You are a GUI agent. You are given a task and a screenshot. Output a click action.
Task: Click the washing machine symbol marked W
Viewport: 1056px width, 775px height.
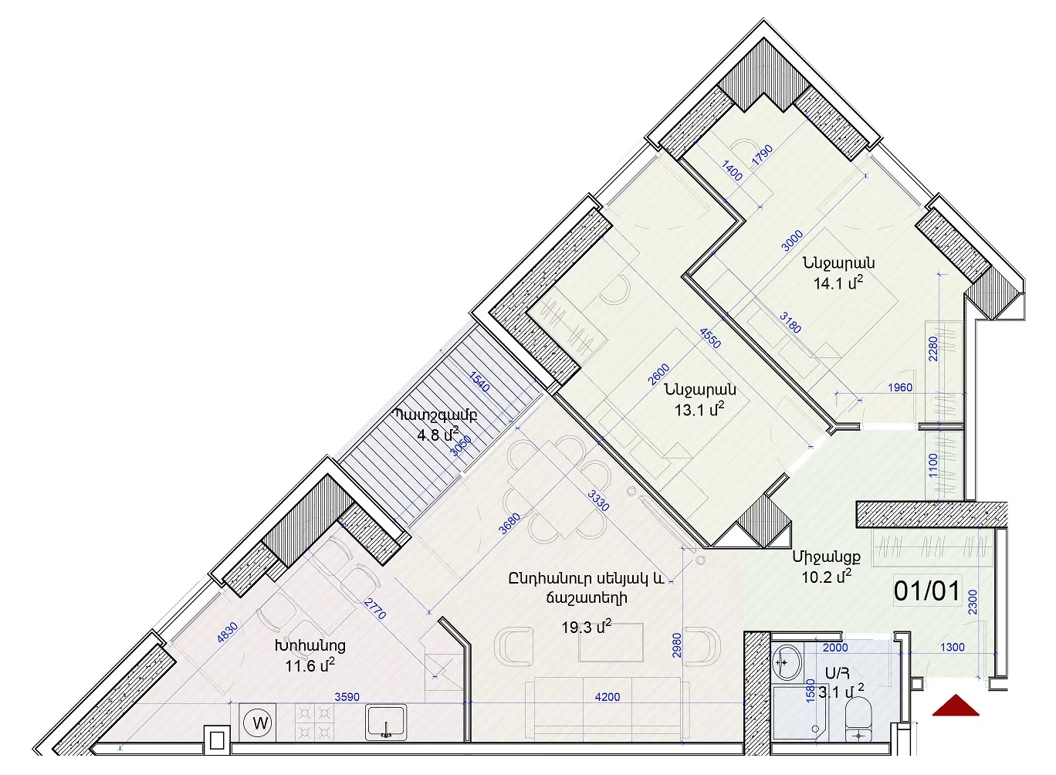(259, 723)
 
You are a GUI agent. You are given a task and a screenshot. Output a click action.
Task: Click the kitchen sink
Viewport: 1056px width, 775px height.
(386, 721)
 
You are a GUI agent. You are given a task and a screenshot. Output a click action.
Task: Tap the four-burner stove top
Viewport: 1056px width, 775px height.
(314, 721)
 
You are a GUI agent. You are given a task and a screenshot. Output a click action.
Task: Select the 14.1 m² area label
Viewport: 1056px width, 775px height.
(838, 283)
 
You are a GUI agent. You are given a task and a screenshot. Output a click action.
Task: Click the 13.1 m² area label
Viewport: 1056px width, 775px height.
(699, 409)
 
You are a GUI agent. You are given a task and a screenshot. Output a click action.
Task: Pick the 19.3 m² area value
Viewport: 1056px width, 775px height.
(586, 627)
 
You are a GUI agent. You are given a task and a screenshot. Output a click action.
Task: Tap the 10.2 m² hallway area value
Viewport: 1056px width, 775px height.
(827, 576)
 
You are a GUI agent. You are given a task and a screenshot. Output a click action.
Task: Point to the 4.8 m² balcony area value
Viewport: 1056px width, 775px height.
(438, 434)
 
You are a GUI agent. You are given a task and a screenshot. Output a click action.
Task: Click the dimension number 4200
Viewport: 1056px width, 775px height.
(608, 697)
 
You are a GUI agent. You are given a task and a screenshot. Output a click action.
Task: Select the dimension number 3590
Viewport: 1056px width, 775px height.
(347, 697)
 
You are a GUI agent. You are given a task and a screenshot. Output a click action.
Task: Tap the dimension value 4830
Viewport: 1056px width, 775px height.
(227, 633)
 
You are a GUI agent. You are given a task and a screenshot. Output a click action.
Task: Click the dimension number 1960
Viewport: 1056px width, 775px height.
(900, 387)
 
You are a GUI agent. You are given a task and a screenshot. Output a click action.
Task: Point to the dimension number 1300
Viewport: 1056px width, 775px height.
(953, 647)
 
